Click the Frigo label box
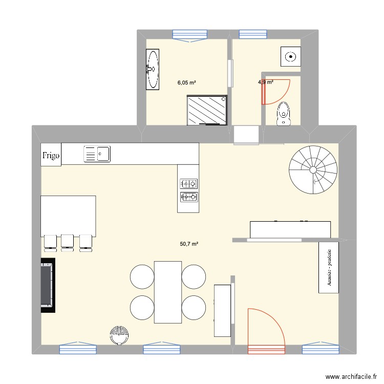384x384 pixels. coord(51,154)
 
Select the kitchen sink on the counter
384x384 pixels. coord(97,153)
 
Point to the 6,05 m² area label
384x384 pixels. coord(187,82)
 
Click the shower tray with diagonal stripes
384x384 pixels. coord(207,110)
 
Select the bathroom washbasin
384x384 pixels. coord(153,70)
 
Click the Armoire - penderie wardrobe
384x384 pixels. coord(329,267)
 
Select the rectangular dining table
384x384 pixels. coord(168,292)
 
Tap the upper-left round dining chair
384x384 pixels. coord(142,276)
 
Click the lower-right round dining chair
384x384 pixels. coord(194,308)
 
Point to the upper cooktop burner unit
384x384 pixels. coord(188,183)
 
